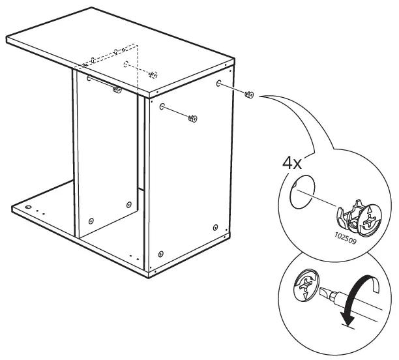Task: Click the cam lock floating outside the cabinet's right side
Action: (x=248, y=95)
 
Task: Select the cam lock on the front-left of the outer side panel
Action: (x=192, y=119)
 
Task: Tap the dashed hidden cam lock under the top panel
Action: (x=153, y=74)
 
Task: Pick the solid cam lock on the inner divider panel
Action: (x=117, y=89)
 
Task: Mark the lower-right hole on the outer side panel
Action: (x=216, y=227)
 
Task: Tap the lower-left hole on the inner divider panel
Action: (x=91, y=220)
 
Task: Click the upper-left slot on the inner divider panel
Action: (x=88, y=78)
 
